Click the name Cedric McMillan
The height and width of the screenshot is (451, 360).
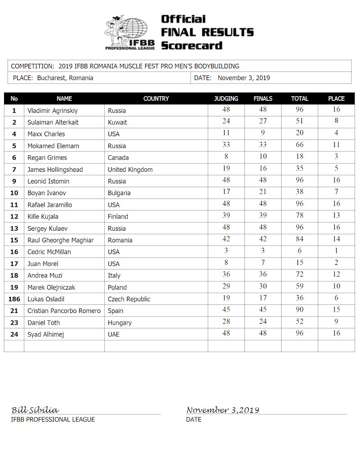coord(49,252)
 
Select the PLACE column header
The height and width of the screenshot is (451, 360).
coord(336,98)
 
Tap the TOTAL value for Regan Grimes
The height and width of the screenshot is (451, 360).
coord(300,157)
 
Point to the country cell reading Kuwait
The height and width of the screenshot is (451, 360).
coord(117,122)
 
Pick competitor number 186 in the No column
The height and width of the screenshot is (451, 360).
coord(14,299)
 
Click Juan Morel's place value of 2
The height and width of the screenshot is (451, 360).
coord(336,263)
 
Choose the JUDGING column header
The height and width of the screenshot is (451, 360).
coord(226,98)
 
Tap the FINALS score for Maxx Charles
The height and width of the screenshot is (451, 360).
coord(263,133)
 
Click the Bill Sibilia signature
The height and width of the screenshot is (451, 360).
coord(35,410)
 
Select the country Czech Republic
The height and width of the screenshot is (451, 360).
coord(129,299)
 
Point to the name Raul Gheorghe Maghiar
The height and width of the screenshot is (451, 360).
coord(60,240)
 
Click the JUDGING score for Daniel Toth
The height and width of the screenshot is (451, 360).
coord(226,322)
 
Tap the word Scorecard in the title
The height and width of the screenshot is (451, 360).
coord(191,45)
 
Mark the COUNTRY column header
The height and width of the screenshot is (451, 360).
coord(156,98)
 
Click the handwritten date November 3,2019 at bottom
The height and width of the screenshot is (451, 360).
coord(223,410)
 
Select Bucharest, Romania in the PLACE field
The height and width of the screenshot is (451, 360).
coord(64,78)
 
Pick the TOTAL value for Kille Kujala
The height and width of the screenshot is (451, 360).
coord(300,216)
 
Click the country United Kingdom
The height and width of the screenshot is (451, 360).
coord(130,170)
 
